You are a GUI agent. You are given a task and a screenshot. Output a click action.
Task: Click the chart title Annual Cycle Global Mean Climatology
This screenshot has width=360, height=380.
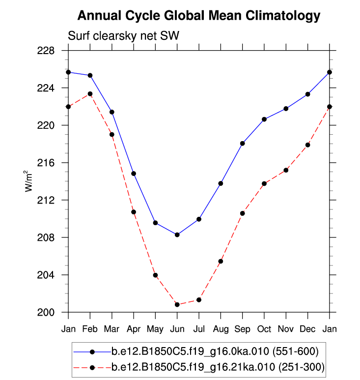click(198, 16)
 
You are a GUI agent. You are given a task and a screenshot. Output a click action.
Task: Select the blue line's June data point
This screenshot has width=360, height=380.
click(177, 235)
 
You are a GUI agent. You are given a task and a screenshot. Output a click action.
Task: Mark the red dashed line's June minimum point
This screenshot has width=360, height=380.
click(177, 305)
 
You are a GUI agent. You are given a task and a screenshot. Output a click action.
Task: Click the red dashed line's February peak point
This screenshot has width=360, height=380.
click(90, 94)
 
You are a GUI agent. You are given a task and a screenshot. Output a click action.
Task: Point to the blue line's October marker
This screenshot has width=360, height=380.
click(264, 119)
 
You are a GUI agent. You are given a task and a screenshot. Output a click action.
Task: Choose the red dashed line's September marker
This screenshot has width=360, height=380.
click(243, 213)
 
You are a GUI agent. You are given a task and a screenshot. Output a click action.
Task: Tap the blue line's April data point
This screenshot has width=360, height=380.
click(134, 174)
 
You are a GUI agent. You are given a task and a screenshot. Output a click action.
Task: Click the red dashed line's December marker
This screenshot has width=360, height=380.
click(308, 145)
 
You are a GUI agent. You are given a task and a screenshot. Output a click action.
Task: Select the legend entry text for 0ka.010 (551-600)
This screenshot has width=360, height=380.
click(215, 351)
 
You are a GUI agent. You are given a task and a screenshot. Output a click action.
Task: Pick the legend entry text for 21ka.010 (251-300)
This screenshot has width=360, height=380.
click(218, 367)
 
